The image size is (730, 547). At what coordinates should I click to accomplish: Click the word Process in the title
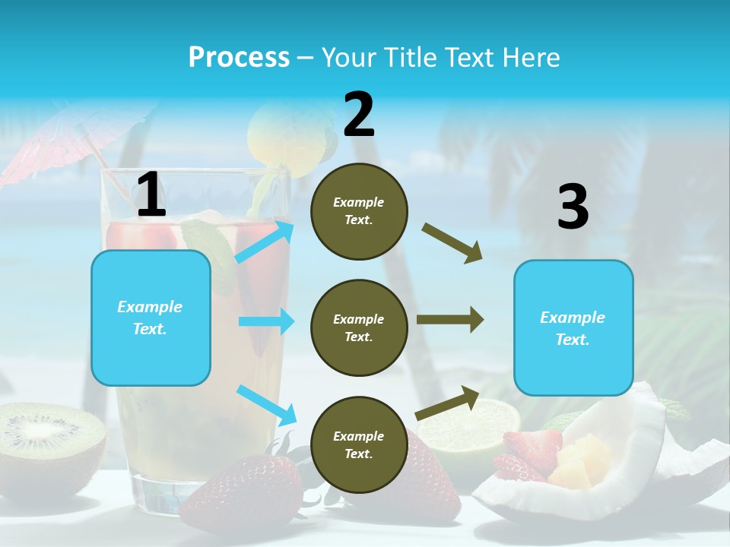click(x=239, y=57)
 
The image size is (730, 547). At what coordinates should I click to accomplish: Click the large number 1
click(x=151, y=195)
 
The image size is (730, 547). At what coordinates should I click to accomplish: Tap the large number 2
click(x=359, y=115)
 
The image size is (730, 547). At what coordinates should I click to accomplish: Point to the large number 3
click(x=573, y=207)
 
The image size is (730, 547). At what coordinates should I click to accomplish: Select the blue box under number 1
click(x=151, y=318)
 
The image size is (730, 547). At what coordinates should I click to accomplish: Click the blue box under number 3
click(x=573, y=328)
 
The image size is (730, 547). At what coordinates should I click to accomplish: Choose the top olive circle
click(x=359, y=211)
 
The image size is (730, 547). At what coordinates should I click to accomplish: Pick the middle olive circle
click(x=359, y=327)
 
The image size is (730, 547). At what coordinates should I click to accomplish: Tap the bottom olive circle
click(x=359, y=444)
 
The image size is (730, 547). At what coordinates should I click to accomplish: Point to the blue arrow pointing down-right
click(x=267, y=405)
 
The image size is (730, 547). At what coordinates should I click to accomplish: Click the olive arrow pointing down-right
click(x=452, y=243)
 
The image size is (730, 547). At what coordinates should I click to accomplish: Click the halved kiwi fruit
click(x=49, y=437)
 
